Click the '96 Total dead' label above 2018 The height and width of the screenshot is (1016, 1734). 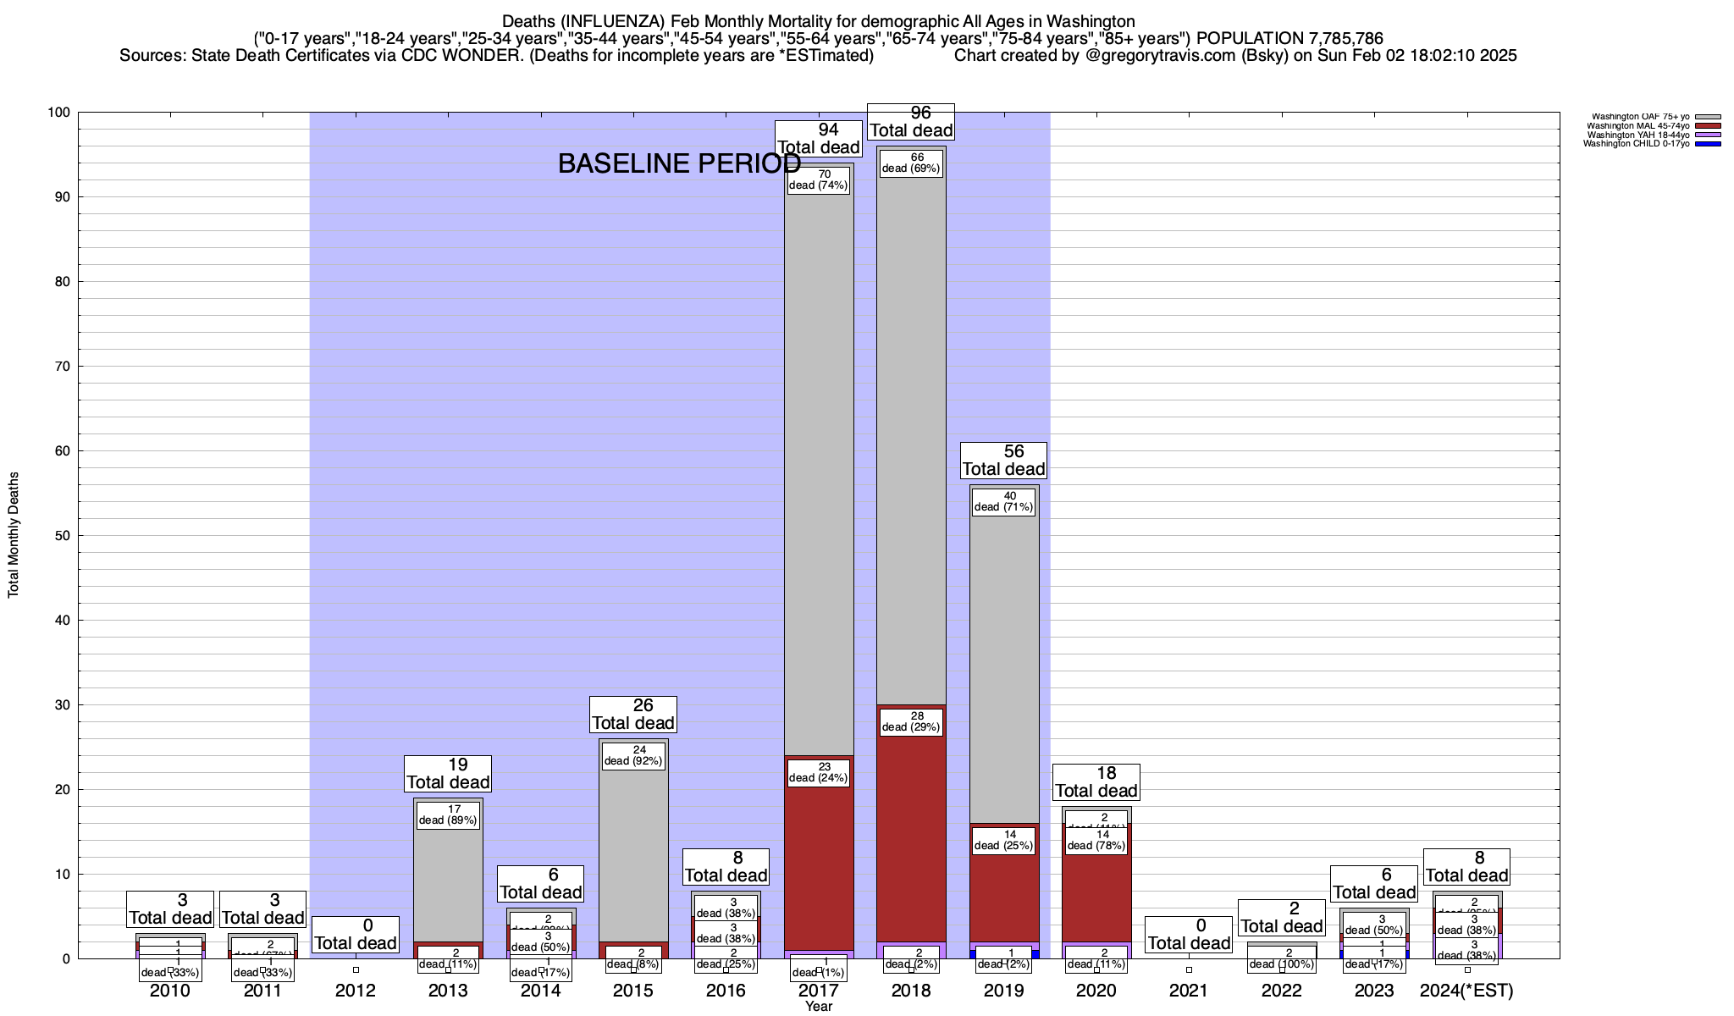[x=912, y=122]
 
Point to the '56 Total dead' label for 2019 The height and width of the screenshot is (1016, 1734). [x=1004, y=461]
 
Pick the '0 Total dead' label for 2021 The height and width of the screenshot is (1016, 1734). [x=1189, y=935]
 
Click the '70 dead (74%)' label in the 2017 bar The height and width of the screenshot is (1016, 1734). [x=818, y=180]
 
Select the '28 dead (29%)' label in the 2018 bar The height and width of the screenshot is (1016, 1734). [x=911, y=721]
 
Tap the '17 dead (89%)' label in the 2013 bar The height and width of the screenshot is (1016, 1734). [x=448, y=814]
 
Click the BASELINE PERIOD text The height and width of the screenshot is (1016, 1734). [x=679, y=163]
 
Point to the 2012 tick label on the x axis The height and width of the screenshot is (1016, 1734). [x=356, y=991]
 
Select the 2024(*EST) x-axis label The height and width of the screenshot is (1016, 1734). [x=1466, y=991]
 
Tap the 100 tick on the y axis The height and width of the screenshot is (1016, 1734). [x=60, y=113]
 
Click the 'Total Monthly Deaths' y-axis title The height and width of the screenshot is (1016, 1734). [x=14, y=535]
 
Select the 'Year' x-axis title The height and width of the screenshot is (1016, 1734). [x=819, y=1007]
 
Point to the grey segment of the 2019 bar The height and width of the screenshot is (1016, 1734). [x=1004, y=660]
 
